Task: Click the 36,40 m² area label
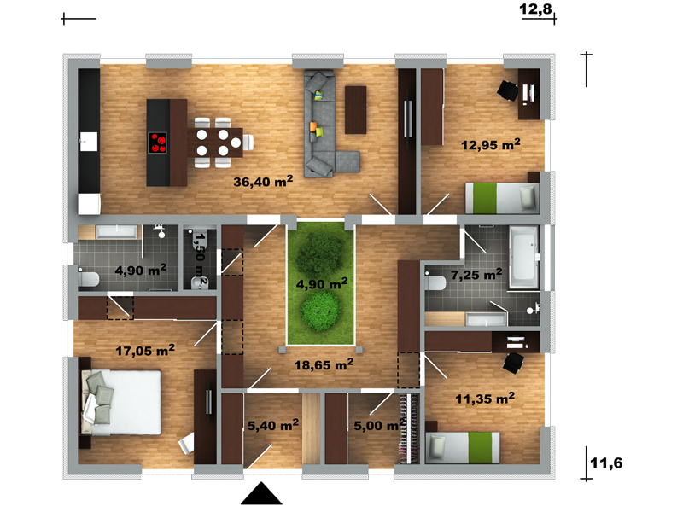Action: [x=263, y=181]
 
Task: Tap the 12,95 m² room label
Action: [x=491, y=144]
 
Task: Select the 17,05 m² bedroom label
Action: [x=145, y=350]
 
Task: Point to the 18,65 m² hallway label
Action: [x=324, y=364]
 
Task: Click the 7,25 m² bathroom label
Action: [x=476, y=274]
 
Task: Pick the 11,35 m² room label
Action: [x=485, y=398]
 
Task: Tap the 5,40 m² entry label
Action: [x=273, y=425]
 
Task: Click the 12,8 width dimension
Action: [x=536, y=9]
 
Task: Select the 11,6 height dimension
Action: [x=606, y=463]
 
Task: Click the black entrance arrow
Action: [x=261, y=494]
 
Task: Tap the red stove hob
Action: [x=157, y=143]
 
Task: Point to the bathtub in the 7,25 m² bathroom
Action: [x=524, y=258]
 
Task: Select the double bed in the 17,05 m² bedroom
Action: [x=120, y=403]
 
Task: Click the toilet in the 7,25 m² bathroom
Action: [x=435, y=282]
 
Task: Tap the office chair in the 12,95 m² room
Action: [x=508, y=90]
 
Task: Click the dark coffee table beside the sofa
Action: [x=355, y=110]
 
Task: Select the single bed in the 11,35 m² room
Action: [x=463, y=447]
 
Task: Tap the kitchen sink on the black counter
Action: [x=89, y=142]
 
